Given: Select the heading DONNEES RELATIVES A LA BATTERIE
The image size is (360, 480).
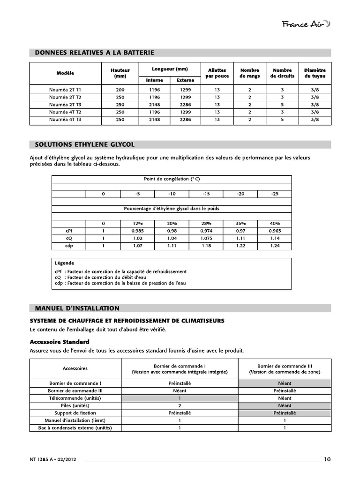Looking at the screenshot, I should pyautogui.click(x=95, y=52).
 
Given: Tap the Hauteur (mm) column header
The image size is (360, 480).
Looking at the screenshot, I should pyautogui.click(x=120, y=73).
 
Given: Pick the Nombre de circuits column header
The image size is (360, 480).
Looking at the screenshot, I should pyautogui.click(x=282, y=73).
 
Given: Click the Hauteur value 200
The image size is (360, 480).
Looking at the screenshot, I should pyautogui.click(x=120, y=89).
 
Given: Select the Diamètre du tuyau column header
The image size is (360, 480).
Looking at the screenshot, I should pyautogui.click(x=315, y=73).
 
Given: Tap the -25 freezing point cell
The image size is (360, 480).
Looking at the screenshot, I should pyautogui.click(x=275, y=194).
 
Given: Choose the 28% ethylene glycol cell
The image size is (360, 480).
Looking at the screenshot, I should pyautogui.click(x=206, y=224).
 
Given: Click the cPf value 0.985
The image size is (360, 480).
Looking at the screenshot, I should pyautogui.click(x=137, y=231).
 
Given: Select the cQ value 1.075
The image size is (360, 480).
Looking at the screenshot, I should pyautogui.click(x=206, y=238).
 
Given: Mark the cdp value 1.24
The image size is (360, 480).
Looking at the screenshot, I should pyautogui.click(x=275, y=246).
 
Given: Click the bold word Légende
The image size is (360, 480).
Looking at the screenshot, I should pyautogui.click(x=65, y=263).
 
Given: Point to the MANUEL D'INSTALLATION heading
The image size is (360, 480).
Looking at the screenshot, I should pyautogui.click(x=77, y=308).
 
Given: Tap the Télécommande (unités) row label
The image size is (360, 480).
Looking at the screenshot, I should pyautogui.click(x=75, y=398).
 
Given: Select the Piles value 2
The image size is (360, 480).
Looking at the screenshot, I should pyautogui.click(x=180, y=405).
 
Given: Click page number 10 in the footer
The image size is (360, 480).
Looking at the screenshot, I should pyautogui.click(x=327, y=459).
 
